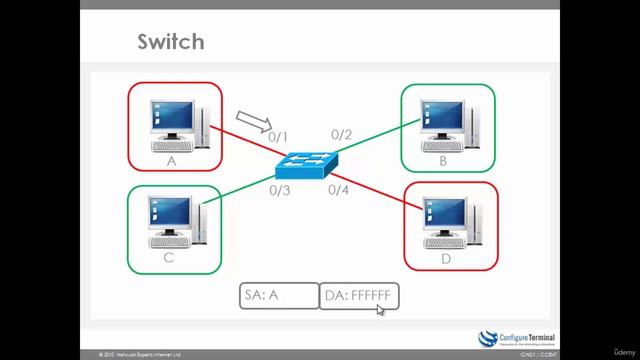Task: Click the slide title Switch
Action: tap(170, 41)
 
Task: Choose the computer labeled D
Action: tap(450, 222)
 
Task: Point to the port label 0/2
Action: tap(342, 135)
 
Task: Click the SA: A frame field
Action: tap(278, 296)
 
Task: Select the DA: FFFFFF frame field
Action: tap(359, 296)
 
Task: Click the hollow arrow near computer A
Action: tap(253, 121)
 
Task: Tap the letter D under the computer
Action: tap(447, 257)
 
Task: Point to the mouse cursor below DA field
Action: tap(379, 309)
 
